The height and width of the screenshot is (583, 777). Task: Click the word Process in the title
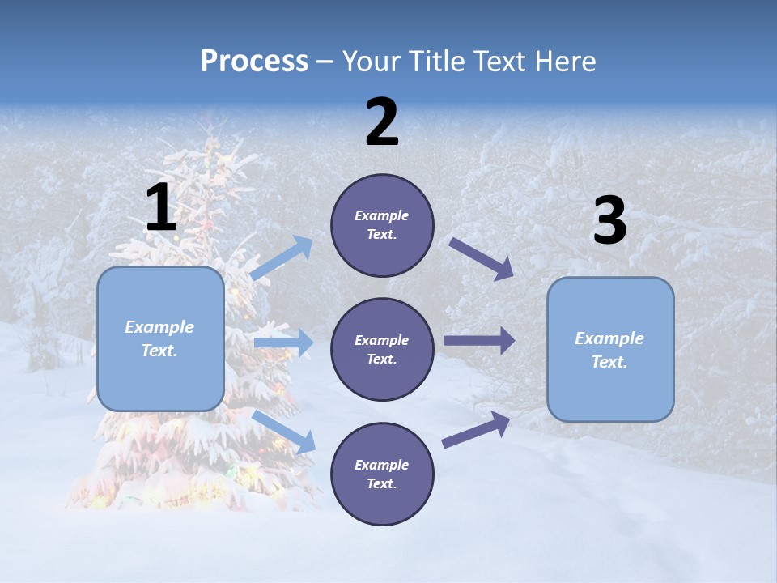(x=254, y=62)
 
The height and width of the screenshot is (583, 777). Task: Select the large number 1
(x=161, y=208)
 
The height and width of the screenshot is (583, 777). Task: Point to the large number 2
(x=382, y=122)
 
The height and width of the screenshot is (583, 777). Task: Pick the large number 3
(x=610, y=221)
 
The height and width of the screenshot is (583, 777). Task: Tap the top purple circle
(x=382, y=225)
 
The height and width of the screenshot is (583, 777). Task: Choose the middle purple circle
(x=382, y=349)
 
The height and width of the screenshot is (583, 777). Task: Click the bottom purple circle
(x=382, y=474)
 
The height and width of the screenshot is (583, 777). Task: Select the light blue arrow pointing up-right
(x=282, y=259)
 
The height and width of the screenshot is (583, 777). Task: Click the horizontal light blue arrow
(x=283, y=343)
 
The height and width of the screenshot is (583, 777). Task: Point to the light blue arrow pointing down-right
(x=284, y=432)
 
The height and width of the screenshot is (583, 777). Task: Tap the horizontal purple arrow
(x=479, y=341)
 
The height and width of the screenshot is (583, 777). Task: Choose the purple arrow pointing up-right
(x=476, y=430)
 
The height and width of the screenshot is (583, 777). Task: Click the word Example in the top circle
(x=382, y=216)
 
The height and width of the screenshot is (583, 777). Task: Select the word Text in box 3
(x=609, y=362)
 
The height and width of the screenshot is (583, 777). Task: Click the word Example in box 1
(x=159, y=327)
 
